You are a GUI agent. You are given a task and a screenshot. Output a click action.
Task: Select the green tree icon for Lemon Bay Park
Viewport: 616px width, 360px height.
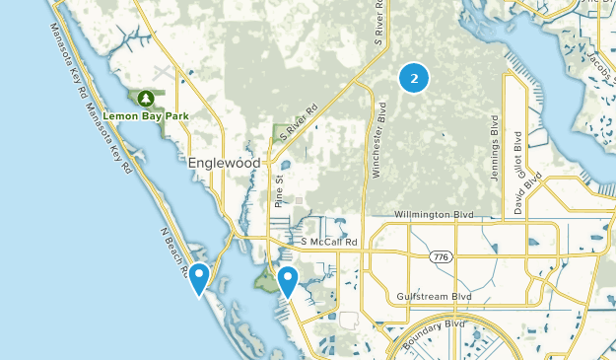146,98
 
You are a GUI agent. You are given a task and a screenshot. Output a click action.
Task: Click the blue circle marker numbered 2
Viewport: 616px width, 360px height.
414,77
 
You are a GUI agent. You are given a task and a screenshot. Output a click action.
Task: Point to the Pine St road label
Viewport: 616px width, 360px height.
280,187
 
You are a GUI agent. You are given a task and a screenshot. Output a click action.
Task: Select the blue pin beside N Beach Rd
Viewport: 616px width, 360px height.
199,278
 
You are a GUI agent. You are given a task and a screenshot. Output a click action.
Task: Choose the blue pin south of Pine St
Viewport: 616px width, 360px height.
288,281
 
